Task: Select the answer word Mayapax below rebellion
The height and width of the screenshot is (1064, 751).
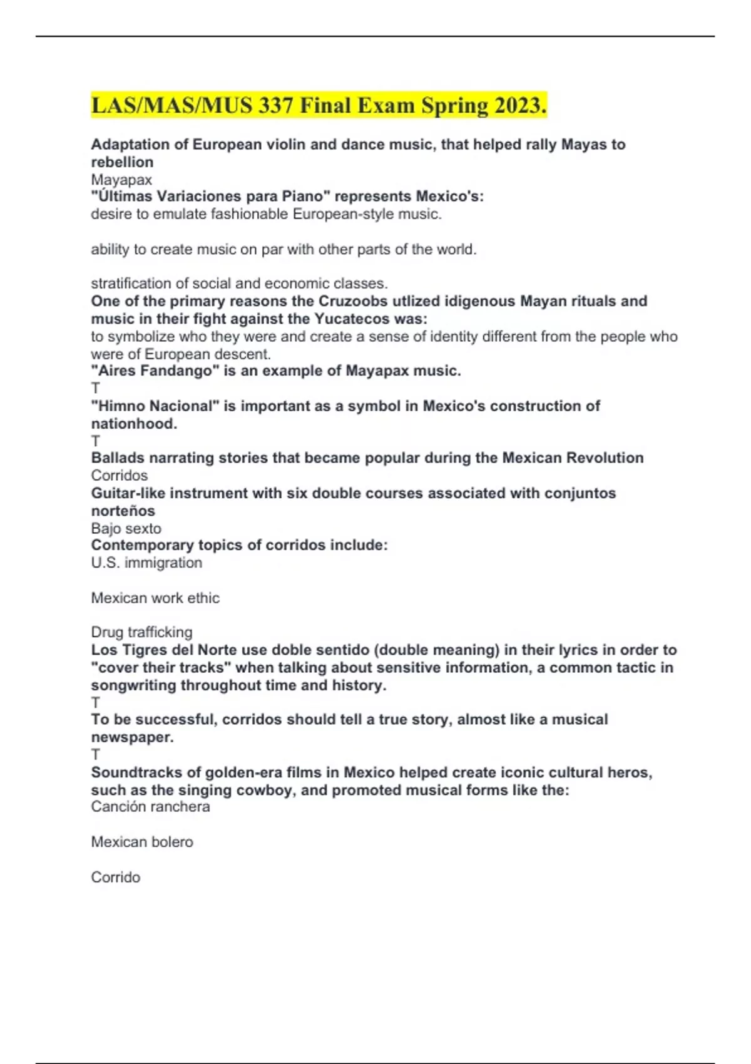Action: coord(121,180)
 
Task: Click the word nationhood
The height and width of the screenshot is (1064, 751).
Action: coord(134,423)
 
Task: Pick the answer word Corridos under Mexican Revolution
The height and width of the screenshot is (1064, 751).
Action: coord(120,475)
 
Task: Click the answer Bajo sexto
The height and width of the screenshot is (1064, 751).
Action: coord(126,528)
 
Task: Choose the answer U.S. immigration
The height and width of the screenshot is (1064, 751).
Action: coord(146,563)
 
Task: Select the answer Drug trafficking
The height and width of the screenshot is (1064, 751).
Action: coord(141,632)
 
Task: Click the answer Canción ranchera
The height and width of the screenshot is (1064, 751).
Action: coord(150,807)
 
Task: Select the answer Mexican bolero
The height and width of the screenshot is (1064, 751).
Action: coord(142,842)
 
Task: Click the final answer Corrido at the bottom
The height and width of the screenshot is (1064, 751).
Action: coord(116,877)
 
